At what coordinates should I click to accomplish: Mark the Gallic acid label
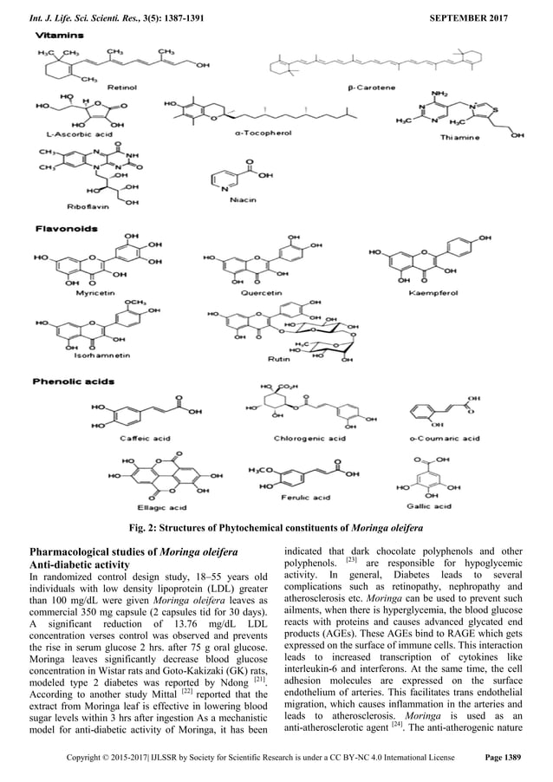[429, 505]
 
